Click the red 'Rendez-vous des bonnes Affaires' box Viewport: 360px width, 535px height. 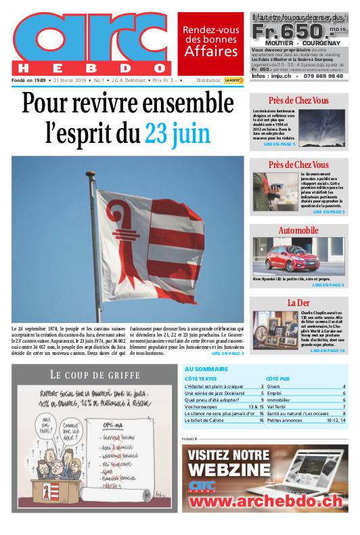(210, 42)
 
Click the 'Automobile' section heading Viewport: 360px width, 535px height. (298, 231)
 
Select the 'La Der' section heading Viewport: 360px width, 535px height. (298, 302)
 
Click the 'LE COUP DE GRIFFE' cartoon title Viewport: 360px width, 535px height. (95, 374)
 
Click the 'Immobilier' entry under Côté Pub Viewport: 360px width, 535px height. (278, 400)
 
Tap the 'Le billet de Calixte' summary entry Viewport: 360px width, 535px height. (207, 421)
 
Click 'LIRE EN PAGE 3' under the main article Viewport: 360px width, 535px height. (227, 354)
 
